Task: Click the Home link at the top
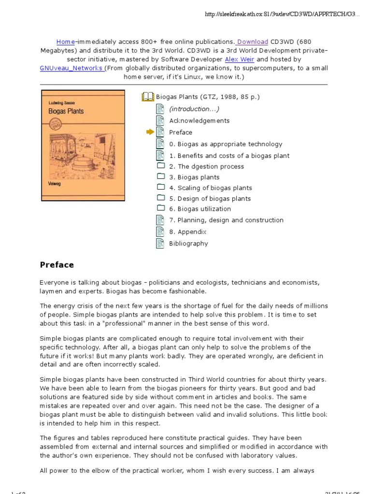click(x=66, y=42)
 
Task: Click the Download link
click(x=252, y=42)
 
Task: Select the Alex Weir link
click(x=240, y=59)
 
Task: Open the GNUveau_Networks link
click(x=71, y=68)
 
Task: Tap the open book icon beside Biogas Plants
click(x=147, y=97)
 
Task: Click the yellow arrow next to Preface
click(x=150, y=132)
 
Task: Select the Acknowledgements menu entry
click(x=199, y=121)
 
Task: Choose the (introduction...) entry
click(x=194, y=109)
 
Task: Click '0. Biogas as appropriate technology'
click(x=226, y=144)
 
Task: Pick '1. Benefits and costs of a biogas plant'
click(x=229, y=156)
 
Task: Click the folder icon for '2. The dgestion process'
click(x=161, y=166)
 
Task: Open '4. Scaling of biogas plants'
click(x=210, y=188)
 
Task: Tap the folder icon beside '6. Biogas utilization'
click(x=161, y=208)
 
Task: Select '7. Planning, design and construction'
click(x=226, y=220)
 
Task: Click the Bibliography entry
click(x=188, y=244)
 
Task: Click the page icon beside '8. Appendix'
click(x=160, y=232)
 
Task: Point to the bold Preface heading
click(x=57, y=265)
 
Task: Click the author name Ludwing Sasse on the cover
click(x=62, y=102)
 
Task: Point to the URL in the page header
click(x=283, y=14)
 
